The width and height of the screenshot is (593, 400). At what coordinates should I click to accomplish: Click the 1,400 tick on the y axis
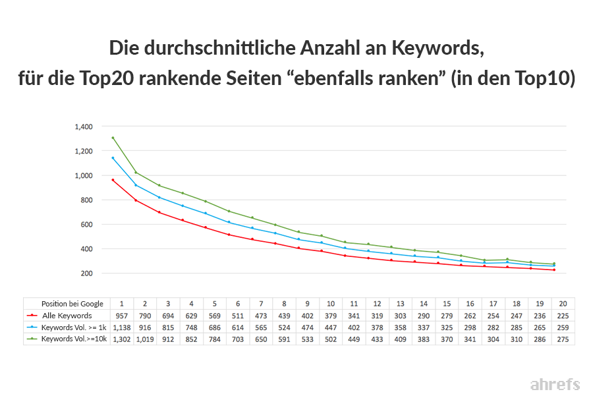tap(84, 127)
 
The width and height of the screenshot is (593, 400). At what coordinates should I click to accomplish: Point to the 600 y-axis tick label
tap(86, 224)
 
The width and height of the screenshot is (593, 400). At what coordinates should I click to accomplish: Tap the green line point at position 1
tap(113, 138)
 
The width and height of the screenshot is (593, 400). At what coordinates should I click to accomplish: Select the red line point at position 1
tap(113, 180)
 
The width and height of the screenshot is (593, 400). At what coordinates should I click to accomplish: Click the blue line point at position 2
tap(136, 185)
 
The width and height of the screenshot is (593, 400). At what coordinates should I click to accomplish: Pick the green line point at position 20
tap(553, 264)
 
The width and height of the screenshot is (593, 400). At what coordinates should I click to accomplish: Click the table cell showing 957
tap(121, 316)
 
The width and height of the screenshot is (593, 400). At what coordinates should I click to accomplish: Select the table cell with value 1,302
tap(121, 339)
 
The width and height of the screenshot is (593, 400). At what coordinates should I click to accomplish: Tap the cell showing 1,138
tap(121, 328)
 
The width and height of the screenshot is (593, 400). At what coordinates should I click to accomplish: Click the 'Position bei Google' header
tap(72, 304)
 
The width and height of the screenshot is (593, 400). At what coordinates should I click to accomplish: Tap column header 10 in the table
tap(331, 304)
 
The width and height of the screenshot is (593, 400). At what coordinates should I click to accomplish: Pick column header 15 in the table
tap(447, 304)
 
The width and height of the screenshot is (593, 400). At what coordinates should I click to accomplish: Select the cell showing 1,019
tap(145, 339)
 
